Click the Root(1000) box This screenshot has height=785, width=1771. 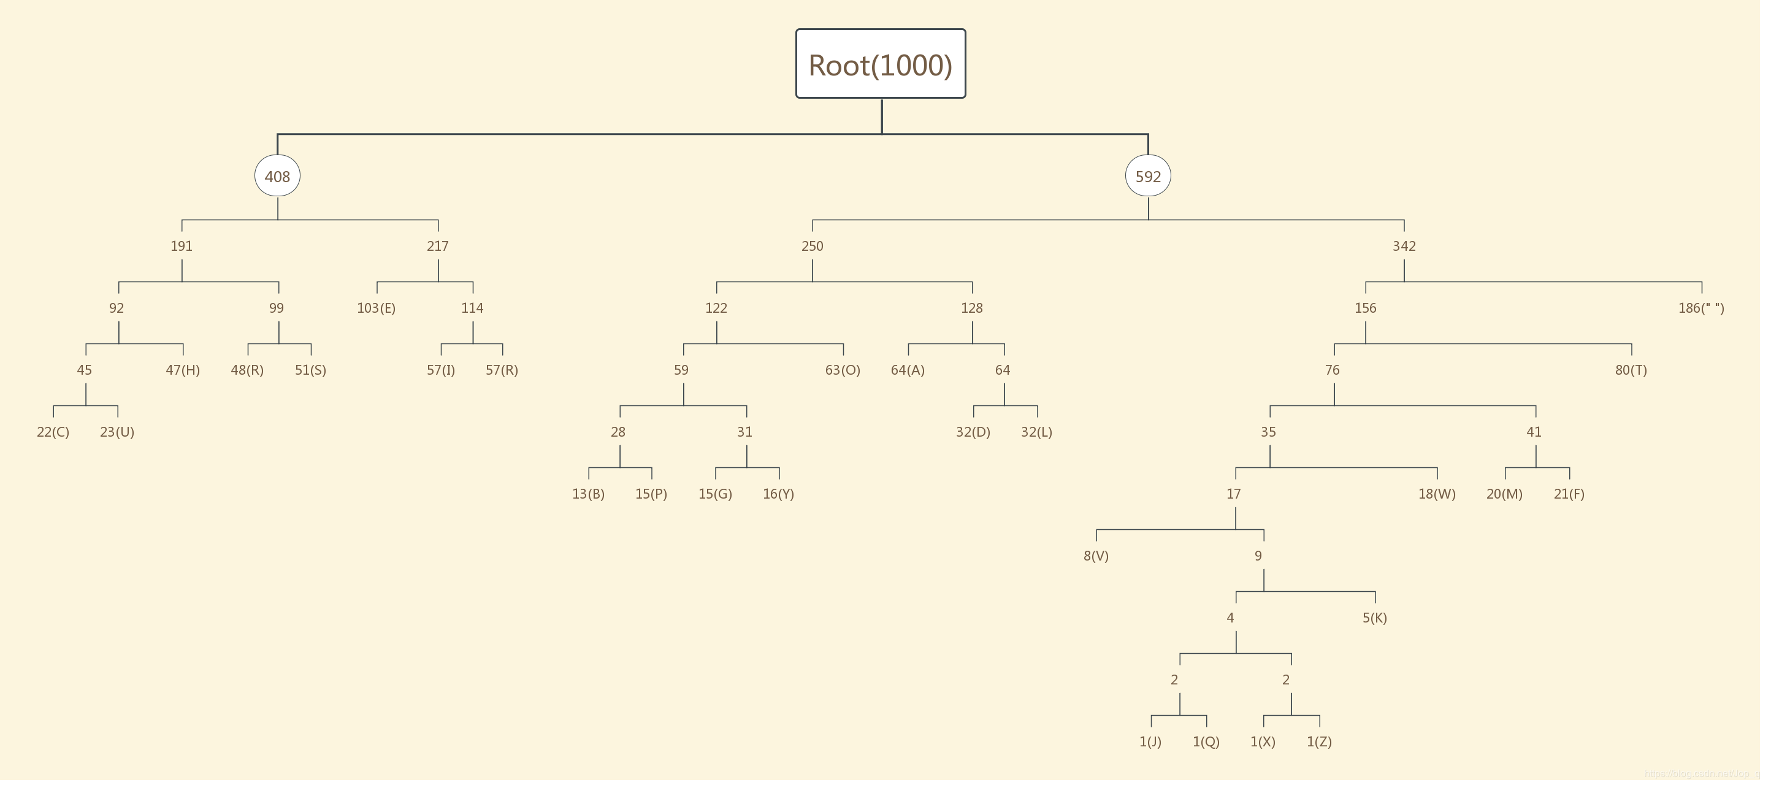[x=880, y=64]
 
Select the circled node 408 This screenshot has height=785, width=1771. [x=277, y=176]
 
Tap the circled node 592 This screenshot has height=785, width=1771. [x=1147, y=176]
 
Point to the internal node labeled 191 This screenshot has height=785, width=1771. [x=182, y=246]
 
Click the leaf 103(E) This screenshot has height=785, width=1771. [x=376, y=308]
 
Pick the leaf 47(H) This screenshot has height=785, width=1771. [x=183, y=370]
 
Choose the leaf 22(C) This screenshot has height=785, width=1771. [x=53, y=432]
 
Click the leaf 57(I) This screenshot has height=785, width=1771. [x=441, y=370]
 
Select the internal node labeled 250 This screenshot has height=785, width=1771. [x=812, y=246]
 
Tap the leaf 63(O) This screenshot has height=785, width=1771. [x=842, y=370]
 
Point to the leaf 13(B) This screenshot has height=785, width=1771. [x=588, y=494]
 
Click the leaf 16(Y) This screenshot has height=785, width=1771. [x=778, y=494]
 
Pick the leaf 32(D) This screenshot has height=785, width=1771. [x=973, y=432]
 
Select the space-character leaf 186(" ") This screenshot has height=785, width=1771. [x=1701, y=308]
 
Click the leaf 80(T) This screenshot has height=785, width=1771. [x=1631, y=370]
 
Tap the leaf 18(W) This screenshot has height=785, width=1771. [x=1437, y=494]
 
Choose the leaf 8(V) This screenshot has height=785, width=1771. [x=1096, y=556]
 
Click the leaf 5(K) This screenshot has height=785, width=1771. [x=1374, y=618]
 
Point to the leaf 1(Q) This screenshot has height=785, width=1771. [x=1206, y=741]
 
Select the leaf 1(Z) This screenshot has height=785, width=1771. [x=1318, y=741]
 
